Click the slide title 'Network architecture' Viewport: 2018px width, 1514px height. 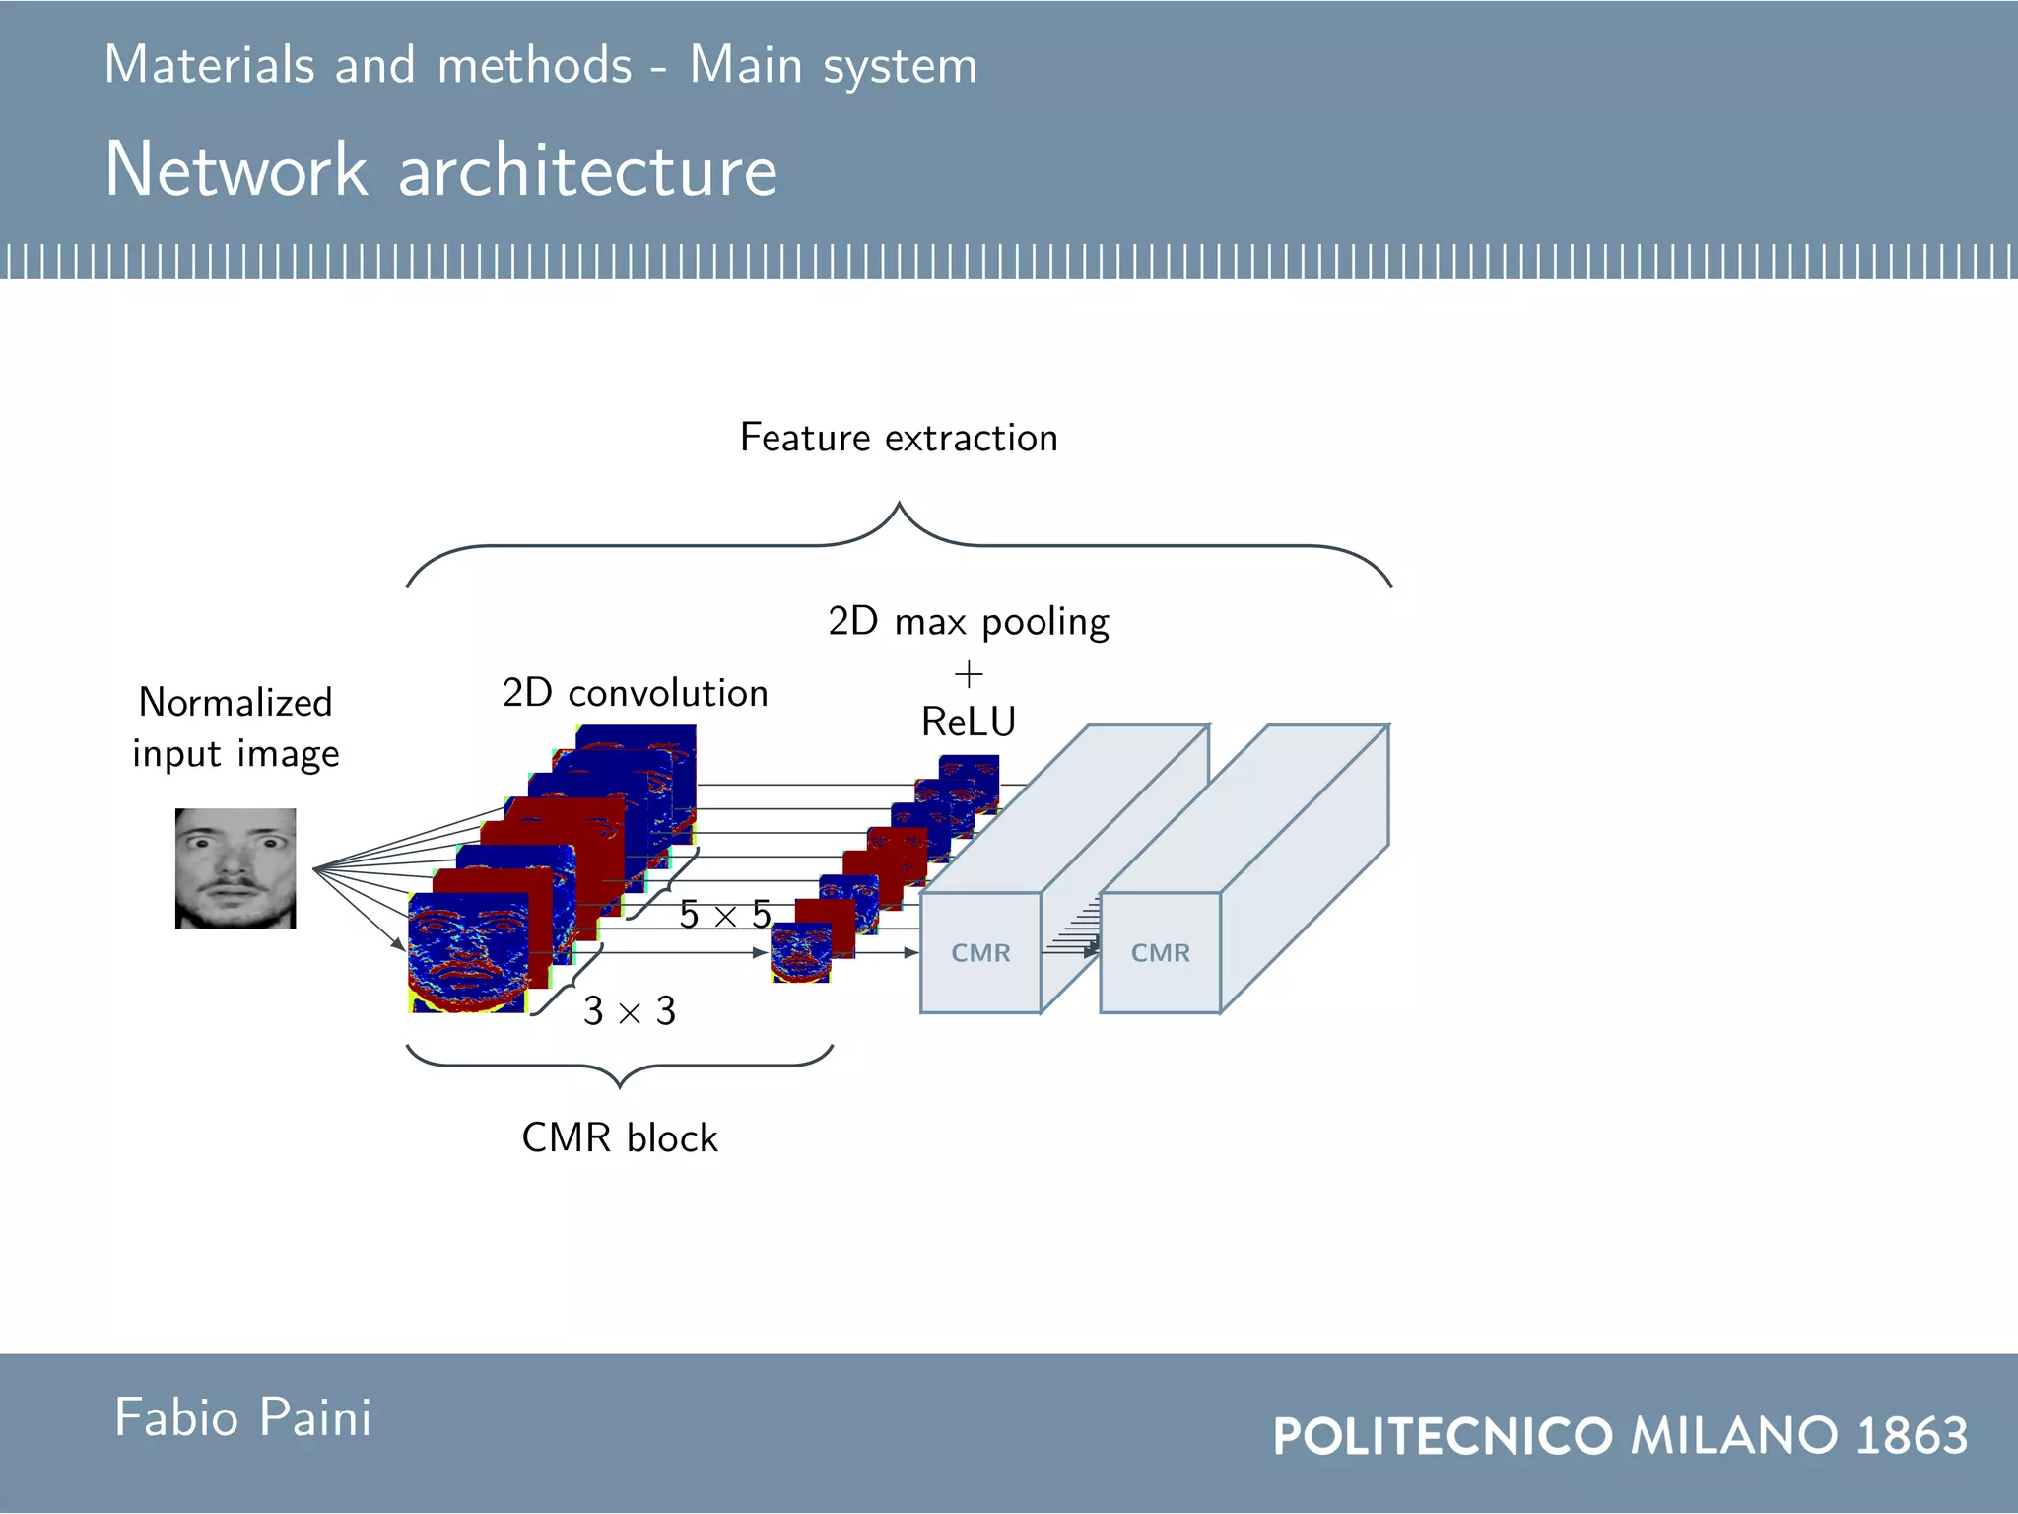[440, 170]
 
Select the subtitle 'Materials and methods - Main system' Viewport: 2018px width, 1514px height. [540, 66]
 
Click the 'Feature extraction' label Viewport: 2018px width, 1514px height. [899, 438]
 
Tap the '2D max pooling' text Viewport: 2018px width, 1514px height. [968, 622]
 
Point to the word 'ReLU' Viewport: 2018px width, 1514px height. [968, 723]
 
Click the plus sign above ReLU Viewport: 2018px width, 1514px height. [969, 675]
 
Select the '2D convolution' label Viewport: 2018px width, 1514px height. [635, 693]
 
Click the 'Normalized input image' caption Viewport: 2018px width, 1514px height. [235, 727]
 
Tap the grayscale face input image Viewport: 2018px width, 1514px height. [235, 868]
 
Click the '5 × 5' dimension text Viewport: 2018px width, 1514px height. [724, 915]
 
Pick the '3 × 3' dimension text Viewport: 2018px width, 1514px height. [629, 1011]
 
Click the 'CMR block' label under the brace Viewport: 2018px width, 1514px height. [619, 1138]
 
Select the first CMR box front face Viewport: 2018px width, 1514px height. [980, 953]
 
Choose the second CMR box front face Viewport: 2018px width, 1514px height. [1160, 953]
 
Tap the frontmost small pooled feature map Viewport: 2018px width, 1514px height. [800, 953]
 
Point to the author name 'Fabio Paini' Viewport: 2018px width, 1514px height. [242, 1418]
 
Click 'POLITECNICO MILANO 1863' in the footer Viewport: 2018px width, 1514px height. [1620, 1435]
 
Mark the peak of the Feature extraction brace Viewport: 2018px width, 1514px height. [899, 505]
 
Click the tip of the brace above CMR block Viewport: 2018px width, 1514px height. [620, 1086]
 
